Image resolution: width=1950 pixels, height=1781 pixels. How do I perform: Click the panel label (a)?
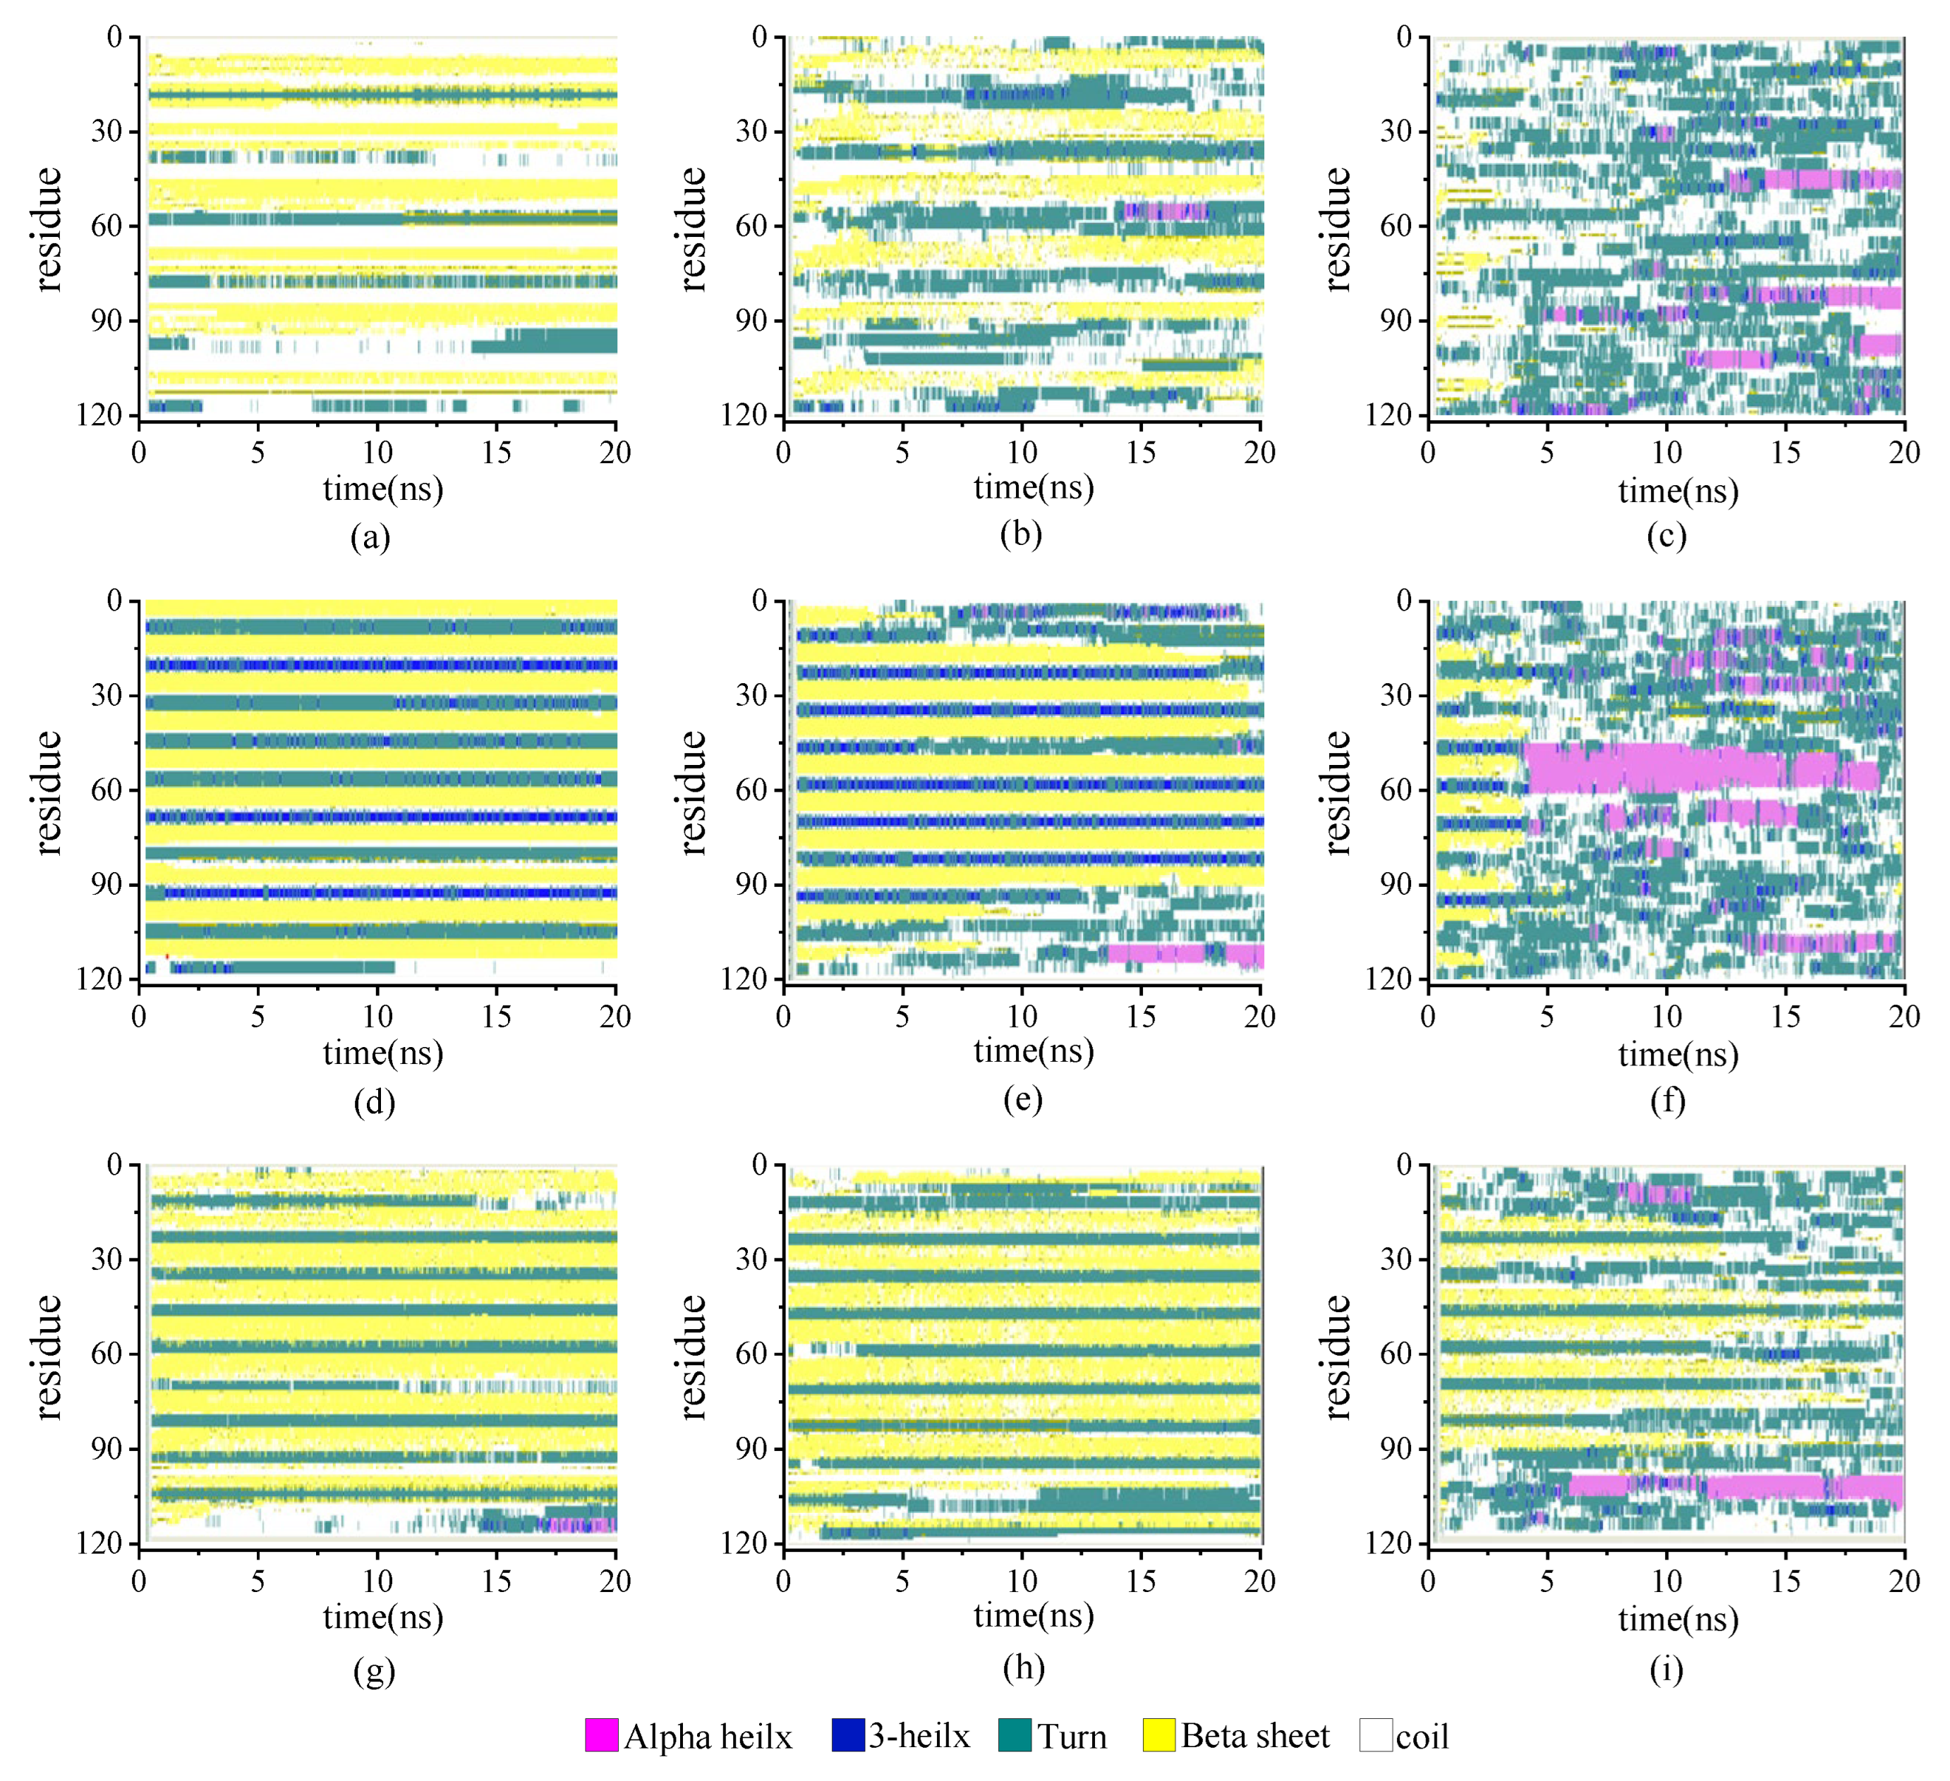click(370, 537)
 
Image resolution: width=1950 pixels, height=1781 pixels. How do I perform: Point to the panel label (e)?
click(1022, 1099)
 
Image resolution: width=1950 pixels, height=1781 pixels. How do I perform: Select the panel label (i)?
click(1666, 1669)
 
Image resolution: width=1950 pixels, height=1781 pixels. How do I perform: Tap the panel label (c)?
click(1666, 536)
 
